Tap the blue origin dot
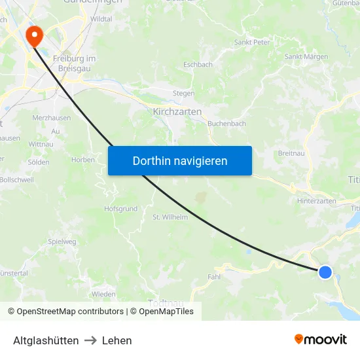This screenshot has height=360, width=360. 325,272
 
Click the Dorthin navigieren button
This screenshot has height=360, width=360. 180,160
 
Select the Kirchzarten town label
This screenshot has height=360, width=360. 177,112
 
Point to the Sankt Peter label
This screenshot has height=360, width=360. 252,43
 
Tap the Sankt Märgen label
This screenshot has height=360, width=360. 306,57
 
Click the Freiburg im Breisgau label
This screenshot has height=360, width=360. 74,63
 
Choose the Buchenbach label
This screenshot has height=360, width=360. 226,123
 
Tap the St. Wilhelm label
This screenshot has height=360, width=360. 170,217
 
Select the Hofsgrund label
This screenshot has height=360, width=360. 120,209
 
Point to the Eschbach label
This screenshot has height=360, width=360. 198,65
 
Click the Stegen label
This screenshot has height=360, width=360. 183,94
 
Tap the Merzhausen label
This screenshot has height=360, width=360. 52,118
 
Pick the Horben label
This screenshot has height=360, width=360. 83,160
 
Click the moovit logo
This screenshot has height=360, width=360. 321,339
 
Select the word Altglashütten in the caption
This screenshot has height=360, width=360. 46,340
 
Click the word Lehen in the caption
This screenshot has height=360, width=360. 117,340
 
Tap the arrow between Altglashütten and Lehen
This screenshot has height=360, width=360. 90,340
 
